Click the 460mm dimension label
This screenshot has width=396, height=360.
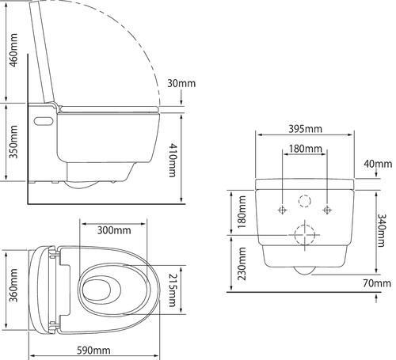click(13, 50)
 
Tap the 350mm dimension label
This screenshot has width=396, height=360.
click(13, 142)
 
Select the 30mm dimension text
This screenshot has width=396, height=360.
click(181, 83)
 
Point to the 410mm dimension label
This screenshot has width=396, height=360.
click(173, 160)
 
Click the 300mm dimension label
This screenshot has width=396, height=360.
click(114, 230)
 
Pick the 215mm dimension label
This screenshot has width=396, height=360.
click(173, 290)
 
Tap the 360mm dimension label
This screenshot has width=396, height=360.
click(13, 285)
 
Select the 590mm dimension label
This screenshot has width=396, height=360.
click(93, 351)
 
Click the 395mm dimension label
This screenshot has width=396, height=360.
click(306, 129)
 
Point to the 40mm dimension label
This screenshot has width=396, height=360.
click(378, 164)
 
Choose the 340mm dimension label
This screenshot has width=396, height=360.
click(382, 230)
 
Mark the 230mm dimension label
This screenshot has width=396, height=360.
click(242, 263)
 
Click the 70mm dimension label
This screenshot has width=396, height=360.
click(377, 283)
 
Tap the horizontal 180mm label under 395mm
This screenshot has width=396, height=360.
click(306, 149)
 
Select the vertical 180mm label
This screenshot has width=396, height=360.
click(242, 212)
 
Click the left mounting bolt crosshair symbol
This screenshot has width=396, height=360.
click(283, 210)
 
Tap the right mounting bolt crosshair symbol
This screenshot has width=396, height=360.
click(327, 210)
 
